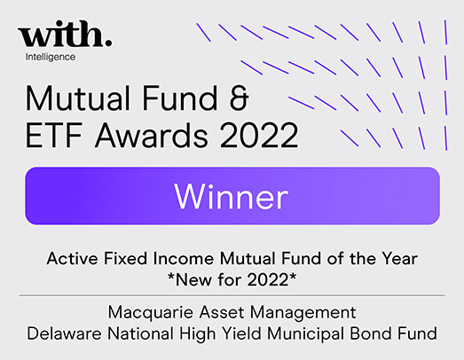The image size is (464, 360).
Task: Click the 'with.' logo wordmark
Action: [x=65, y=34]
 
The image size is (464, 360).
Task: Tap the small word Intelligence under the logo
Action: [x=51, y=57]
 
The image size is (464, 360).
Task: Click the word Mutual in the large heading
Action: [x=78, y=98]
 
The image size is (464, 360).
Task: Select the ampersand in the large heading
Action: [x=239, y=98]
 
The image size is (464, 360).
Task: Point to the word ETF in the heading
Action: [x=53, y=136]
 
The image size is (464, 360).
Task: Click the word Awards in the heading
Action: [x=152, y=136]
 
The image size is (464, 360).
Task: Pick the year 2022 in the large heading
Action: [x=259, y=136]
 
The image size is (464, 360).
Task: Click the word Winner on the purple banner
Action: [x=232, y=196]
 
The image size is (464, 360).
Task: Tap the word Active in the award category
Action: [x=72, y=258]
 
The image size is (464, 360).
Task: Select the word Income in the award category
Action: [x=184, y=258]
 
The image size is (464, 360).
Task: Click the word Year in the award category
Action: [x=399, y=258]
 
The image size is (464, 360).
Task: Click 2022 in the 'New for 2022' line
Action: [x=268, y=279]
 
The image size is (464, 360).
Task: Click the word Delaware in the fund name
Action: [x=64, y=333]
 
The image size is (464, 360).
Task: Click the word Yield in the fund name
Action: [x=242, y=333]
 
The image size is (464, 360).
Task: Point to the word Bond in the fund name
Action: [x=371, y=333]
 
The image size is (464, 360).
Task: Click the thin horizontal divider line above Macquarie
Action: [x=232, y=295]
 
